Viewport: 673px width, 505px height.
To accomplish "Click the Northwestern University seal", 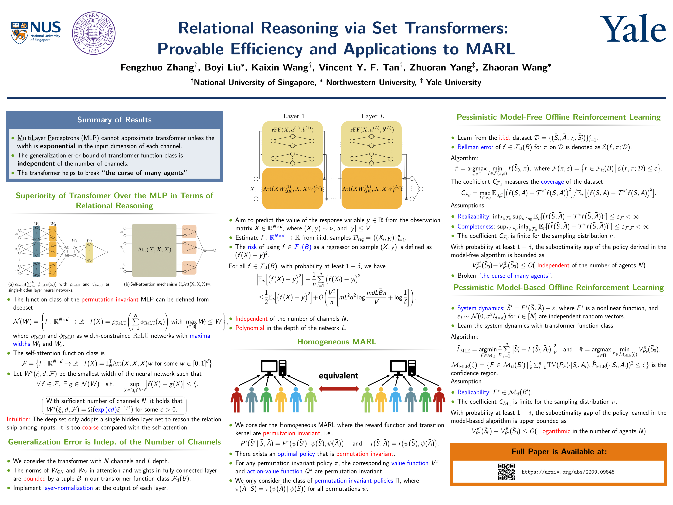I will coord(94,33).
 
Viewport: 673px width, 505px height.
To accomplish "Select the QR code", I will coord(506,472).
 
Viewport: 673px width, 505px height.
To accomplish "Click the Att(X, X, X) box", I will coord(154,250).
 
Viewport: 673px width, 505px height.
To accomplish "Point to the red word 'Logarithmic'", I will coord(554,431).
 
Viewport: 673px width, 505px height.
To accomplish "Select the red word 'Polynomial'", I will coord(250,328).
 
